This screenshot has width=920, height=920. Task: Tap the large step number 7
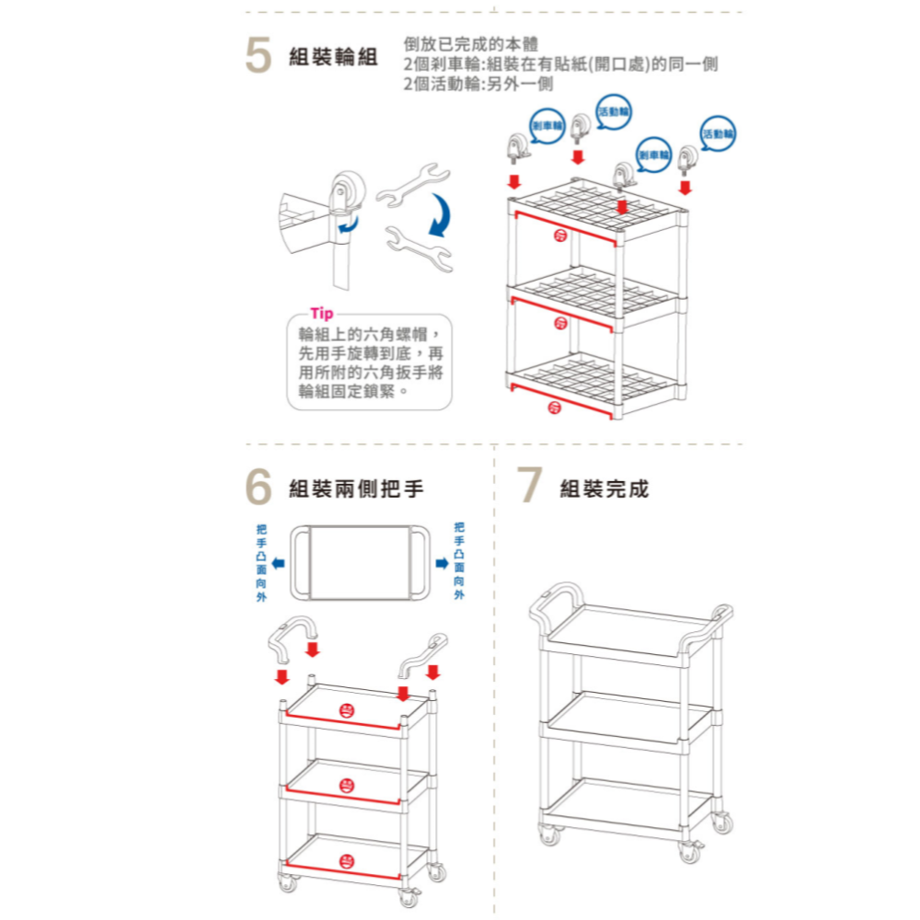click(x=528, y=487)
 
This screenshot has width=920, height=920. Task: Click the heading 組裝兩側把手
click(x=356, y=489)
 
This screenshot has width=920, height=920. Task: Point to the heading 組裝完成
click(x=604, y=489)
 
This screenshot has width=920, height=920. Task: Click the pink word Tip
click(x=323, y=313)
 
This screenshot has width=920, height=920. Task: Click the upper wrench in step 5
click(x=410, y=183)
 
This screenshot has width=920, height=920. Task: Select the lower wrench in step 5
click(x=420, y=249)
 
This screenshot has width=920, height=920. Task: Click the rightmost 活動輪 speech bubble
click(x=719, y=133)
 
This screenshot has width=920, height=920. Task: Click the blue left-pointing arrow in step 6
click(x=277, y=562)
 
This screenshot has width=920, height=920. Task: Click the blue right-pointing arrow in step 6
click(x=442, y=562)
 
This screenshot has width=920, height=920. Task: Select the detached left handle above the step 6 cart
click(x=293, y=638)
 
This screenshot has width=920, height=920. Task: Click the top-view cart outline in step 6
click(x=359, y=562)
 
